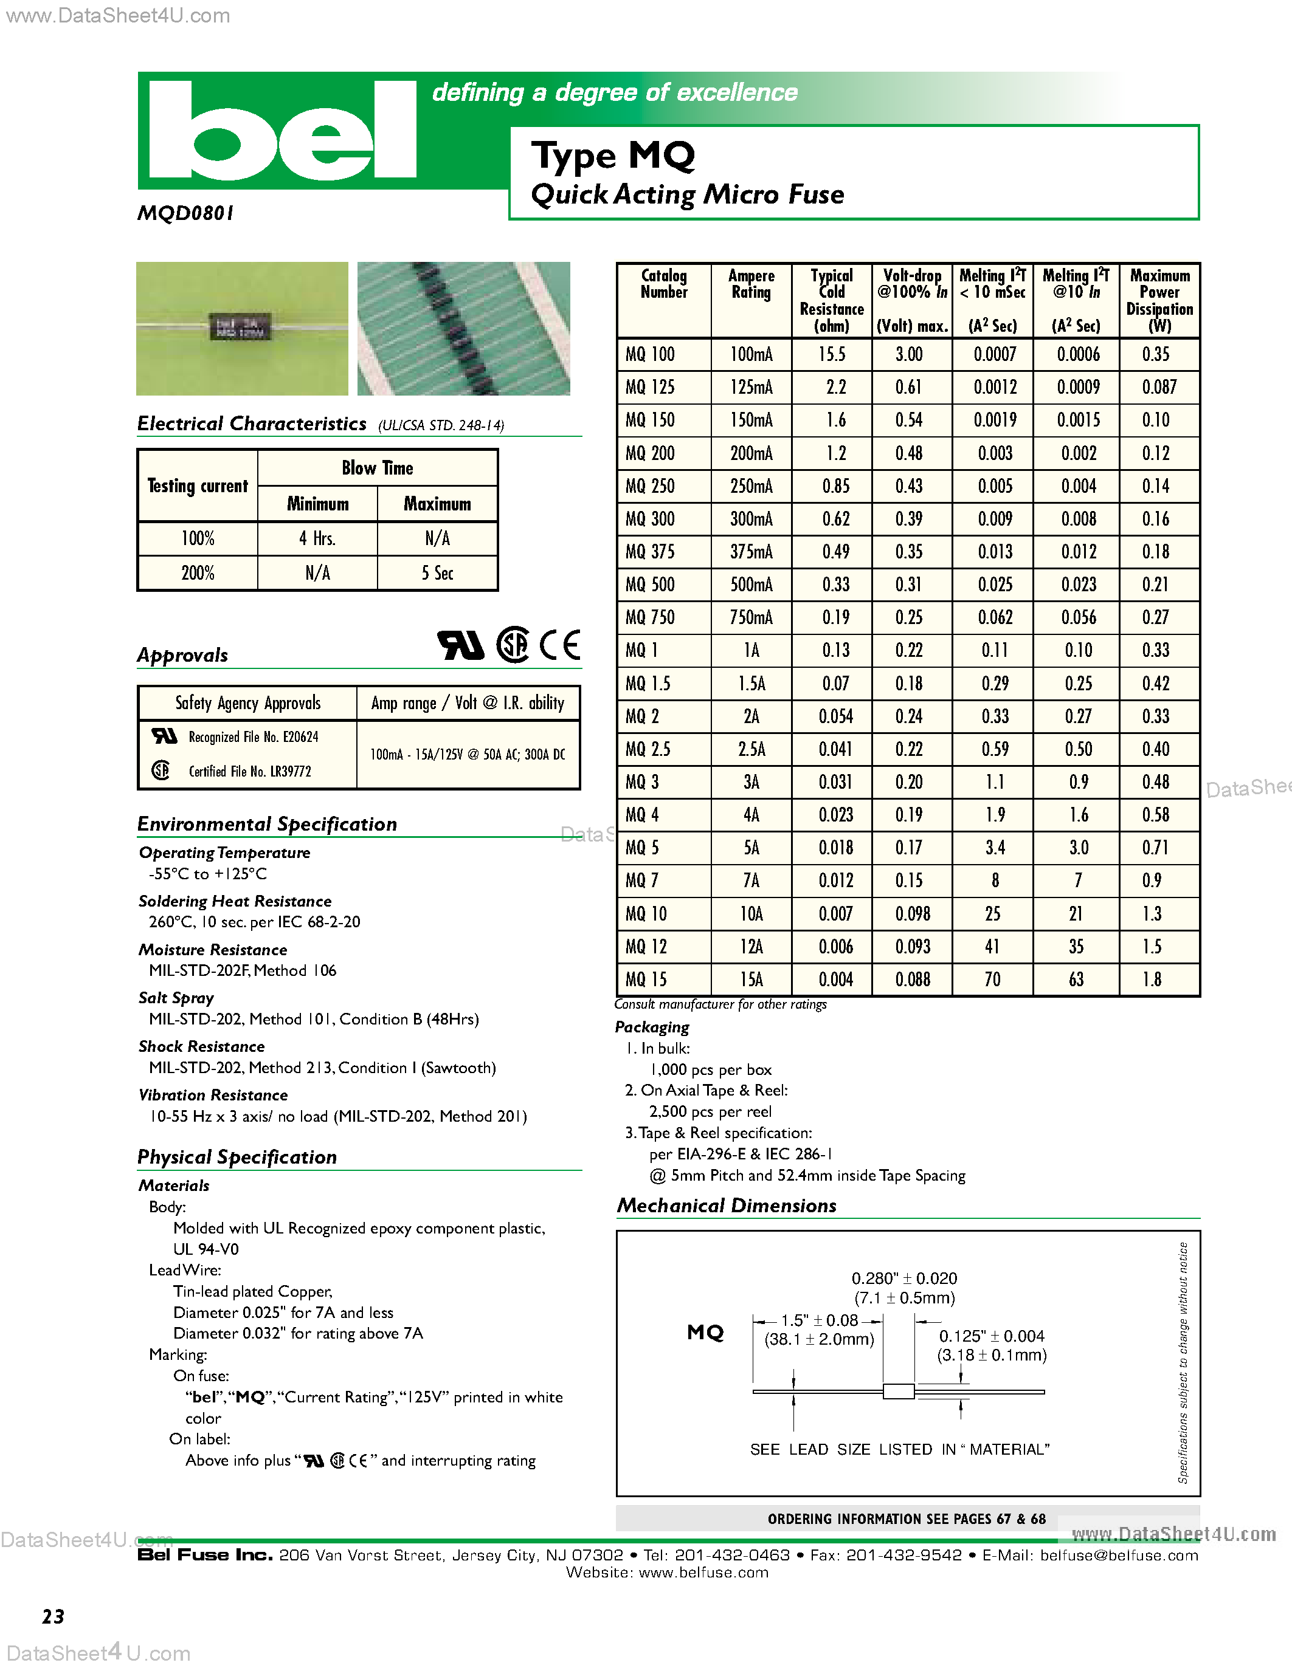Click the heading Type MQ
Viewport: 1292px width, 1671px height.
(x=612, y=156)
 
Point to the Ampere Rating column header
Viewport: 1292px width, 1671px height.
(x=751, y=284)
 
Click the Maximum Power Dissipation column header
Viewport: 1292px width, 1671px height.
(x=1159, y=300)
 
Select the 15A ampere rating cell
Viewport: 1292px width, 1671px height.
(x=751, y=980)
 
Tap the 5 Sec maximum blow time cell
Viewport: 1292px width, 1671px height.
(x=437, y=573)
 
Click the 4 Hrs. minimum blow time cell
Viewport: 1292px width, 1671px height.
(x=317, y=538)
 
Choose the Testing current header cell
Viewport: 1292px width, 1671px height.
(x=198, y=486)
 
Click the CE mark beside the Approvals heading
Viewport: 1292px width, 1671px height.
(x=559, y=645)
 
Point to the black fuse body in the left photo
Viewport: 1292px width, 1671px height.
(x=240, y=328)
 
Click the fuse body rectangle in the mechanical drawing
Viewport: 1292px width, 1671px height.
(x=899, y=1391)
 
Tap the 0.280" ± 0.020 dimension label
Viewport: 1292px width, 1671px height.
(x=904, y=1278)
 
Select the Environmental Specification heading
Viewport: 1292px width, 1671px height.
(x=267, y=824)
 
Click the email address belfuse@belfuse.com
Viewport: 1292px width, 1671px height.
(x=1119, y=1556)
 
